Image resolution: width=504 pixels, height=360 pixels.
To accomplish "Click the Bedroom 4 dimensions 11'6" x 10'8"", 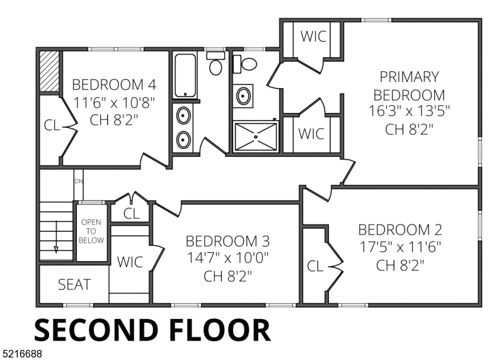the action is pyautogui.click(x=114, y=103).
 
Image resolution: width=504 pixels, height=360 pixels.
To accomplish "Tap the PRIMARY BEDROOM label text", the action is pyautogui.click(x=409, y=86).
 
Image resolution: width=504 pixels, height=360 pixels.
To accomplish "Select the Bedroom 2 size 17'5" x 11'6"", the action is pyautogui.click(x=400, y=247).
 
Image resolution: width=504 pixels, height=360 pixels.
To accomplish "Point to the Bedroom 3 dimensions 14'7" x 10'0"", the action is pyautogui.click(x=227, y=258).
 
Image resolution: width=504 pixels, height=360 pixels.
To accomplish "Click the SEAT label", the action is pyautogui.click(x=74, y=285).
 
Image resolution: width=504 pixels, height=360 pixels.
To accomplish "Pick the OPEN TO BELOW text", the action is pyautogui.click(x=91, y=231).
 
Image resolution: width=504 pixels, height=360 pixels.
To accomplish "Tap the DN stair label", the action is pyautogui.click(x=79, y=182).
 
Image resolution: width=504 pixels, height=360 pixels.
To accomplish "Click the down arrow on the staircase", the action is pyautogui.click(x=56, y=236).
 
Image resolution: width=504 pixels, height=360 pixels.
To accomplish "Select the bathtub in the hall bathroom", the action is pyautogui.click(x=185, y=76).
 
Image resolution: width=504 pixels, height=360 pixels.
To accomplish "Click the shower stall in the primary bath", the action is pyautogui.click(x=256, y=137).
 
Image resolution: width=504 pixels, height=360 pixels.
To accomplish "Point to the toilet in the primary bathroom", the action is pyautogui.click(x=245, y=64).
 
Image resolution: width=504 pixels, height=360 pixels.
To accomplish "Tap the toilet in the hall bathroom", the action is pyautogui.click(x=215, y=64).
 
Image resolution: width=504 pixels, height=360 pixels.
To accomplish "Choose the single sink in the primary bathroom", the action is pyautogui.click(x=243, y=96).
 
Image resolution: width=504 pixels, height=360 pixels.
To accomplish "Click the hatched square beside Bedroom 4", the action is pyautogui.click(x=49, y=71).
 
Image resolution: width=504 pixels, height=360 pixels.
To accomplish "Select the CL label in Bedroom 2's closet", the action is pyautogui.click(x=315, y=267).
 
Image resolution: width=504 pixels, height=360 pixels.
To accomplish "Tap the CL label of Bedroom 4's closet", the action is pyautogui.click(x=52, y=125).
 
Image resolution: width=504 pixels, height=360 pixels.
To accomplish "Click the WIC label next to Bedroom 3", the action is pyautogui.click(x=130, y=262).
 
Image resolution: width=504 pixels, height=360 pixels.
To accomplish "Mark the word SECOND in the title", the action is pyautogui.click(x=96, y=330).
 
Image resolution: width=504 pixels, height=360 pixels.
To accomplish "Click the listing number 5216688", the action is pyautogui.click(x=21, y=354).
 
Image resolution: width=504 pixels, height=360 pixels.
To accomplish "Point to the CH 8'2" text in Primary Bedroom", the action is pyautogui.click(x=409, y=129).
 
